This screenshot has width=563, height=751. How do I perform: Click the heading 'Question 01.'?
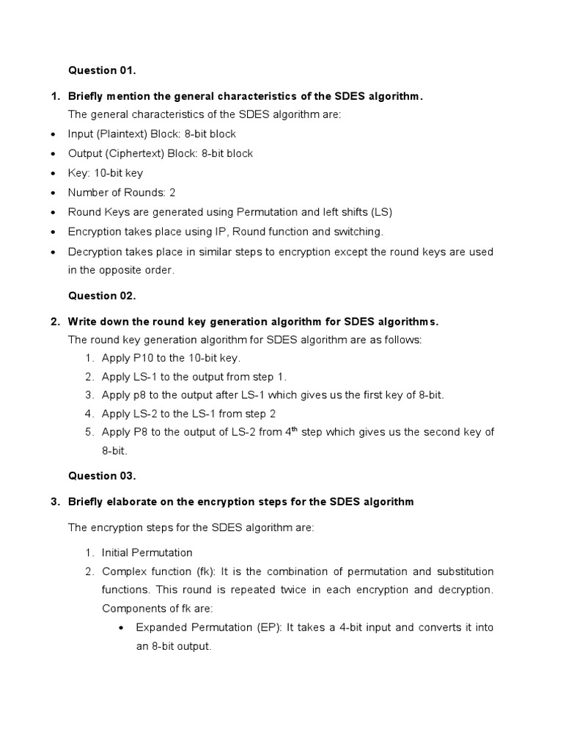[102, 70]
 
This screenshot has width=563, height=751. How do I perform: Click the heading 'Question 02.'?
[102, 296]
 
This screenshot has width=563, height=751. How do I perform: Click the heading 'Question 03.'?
[102, 475]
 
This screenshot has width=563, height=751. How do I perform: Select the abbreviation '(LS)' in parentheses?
[381, 212]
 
